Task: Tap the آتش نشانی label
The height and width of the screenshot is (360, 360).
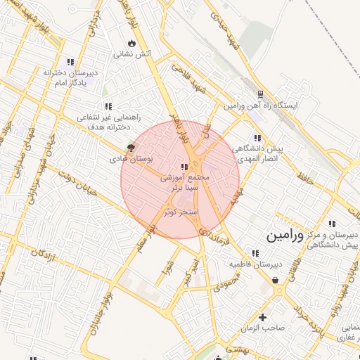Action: click(x=129, y=53)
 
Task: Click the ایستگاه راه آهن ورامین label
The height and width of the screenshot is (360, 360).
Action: click(x=262, y=105)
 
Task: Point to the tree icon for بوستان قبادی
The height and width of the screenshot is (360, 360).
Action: click(x=129, y=148)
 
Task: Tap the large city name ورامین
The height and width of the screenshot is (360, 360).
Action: click(x=285, y=236)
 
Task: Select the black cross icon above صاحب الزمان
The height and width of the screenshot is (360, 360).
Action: click(x=263, y=317)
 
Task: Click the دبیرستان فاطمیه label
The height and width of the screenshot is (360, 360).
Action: click(x=255, y=264)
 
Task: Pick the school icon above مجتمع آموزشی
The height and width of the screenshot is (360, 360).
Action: click(x=184, y=167)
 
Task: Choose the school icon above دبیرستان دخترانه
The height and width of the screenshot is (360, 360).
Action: click(x=69, y=61)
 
